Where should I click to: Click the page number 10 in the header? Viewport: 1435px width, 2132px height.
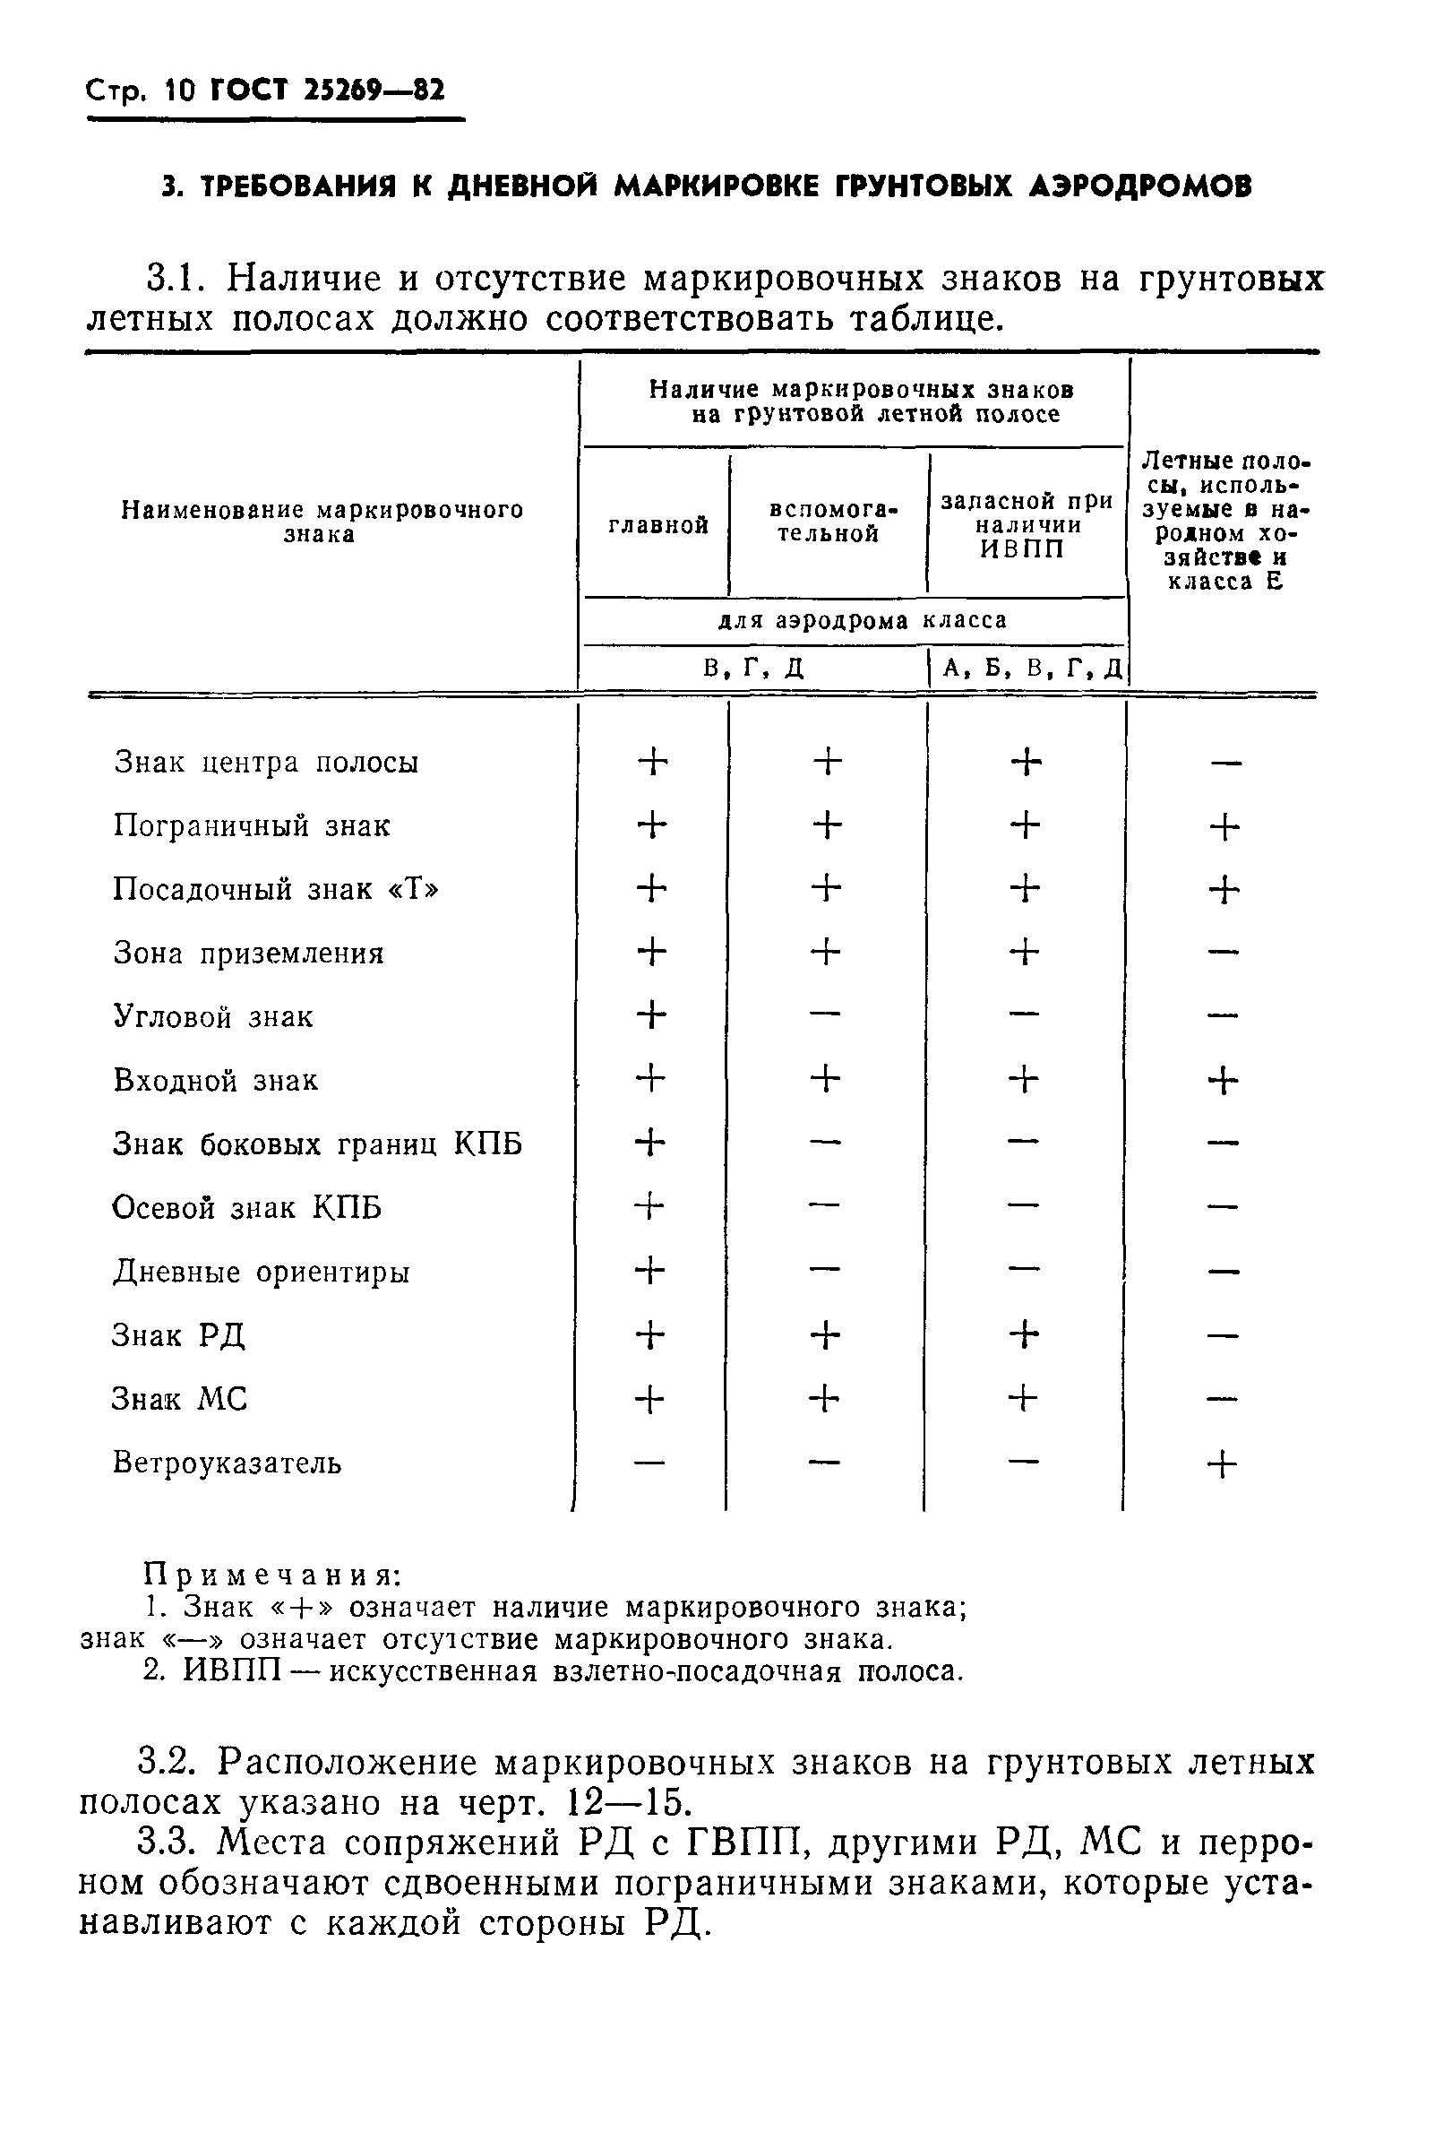point(181,91)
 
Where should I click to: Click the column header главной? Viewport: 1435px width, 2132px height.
point(658,525)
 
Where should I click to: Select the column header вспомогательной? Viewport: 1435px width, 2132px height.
point(829,522)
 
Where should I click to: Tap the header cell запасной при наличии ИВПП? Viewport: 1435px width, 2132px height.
point(1026,525)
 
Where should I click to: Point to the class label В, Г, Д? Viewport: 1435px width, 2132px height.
point(754,668)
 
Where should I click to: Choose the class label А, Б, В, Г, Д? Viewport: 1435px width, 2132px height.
point(1031,668)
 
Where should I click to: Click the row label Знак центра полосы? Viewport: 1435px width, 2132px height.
point(265,763)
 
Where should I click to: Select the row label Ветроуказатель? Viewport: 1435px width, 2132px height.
point(226,1463)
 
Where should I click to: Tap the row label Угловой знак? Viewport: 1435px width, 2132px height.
point(212,1017)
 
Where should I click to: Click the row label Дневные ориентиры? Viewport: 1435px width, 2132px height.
point(261,1272)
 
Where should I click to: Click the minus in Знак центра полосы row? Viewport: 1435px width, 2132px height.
point(1224,763)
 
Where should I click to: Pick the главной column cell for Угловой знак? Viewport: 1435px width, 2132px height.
point(650,1015)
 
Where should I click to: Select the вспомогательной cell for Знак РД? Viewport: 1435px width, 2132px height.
point(825,1335)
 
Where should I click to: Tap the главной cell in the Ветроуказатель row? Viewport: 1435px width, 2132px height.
point(649,1463)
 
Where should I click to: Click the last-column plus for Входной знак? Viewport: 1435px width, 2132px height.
point(1223,1081)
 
